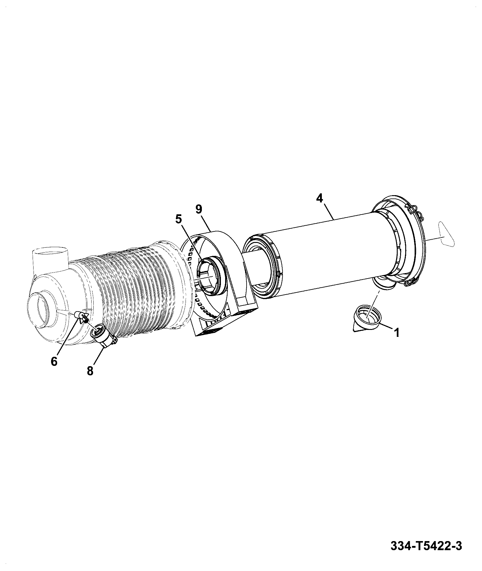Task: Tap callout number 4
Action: (319, 198)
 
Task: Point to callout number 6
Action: (54, 361)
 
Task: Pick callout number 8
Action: (90, 371)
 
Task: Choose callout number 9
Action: (199, 209)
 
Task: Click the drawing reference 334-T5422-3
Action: (426, 546)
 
